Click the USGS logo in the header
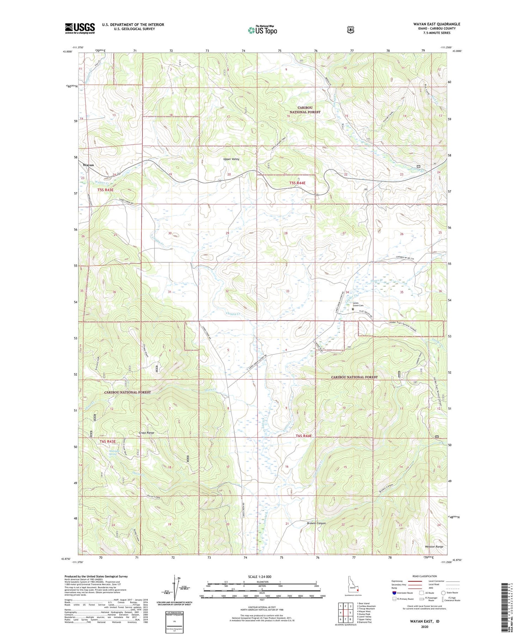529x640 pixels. click(80, 28)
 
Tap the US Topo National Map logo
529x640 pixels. click(262, 30)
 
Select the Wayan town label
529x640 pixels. click(88, 165)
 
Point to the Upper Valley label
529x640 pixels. click(231, 159)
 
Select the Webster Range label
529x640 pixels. click(434, 546)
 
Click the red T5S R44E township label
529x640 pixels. click(297, 183)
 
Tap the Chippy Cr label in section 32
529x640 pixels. click(233, 313)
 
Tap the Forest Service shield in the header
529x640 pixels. click(350, 30)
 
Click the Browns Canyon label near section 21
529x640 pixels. click(316, 523)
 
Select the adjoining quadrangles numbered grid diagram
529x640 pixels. click(345, 612)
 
